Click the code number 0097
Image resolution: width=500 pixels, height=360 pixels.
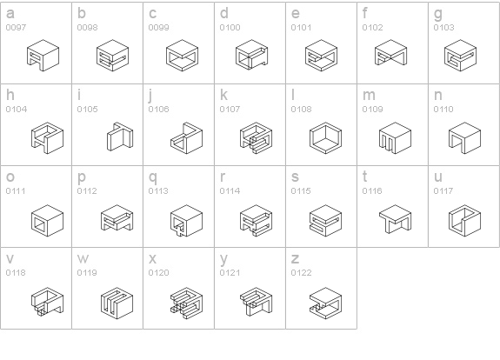coord(16,28)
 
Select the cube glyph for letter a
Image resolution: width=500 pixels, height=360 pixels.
coord(43,56)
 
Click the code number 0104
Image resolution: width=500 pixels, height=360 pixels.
coord(17,110)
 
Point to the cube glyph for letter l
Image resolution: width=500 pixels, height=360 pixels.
coord(325,137)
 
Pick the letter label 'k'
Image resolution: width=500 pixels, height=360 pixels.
coord(223,95)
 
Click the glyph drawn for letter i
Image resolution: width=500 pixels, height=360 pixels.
coord(120,137)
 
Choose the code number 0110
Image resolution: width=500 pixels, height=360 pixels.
coord(443,110)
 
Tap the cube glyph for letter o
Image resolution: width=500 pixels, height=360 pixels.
coord(47,221)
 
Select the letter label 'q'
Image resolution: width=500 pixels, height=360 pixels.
coord(153,177)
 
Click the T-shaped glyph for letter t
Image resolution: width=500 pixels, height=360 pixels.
coord(395,219)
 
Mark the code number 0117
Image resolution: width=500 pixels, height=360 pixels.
coord(443,191)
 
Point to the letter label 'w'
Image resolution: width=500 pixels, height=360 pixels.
coord(83,258)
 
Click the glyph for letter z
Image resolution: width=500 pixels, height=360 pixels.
coord(325,303)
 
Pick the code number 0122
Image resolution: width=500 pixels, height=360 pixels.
coord(301,273)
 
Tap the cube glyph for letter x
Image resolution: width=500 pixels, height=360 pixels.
coord(186,303)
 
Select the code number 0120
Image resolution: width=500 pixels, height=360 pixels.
coord(158,273)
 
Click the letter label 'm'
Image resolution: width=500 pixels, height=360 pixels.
coord(369,95)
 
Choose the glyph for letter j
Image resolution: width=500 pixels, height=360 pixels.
coord(186,137)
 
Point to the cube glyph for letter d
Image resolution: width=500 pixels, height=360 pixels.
coord(251,55)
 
